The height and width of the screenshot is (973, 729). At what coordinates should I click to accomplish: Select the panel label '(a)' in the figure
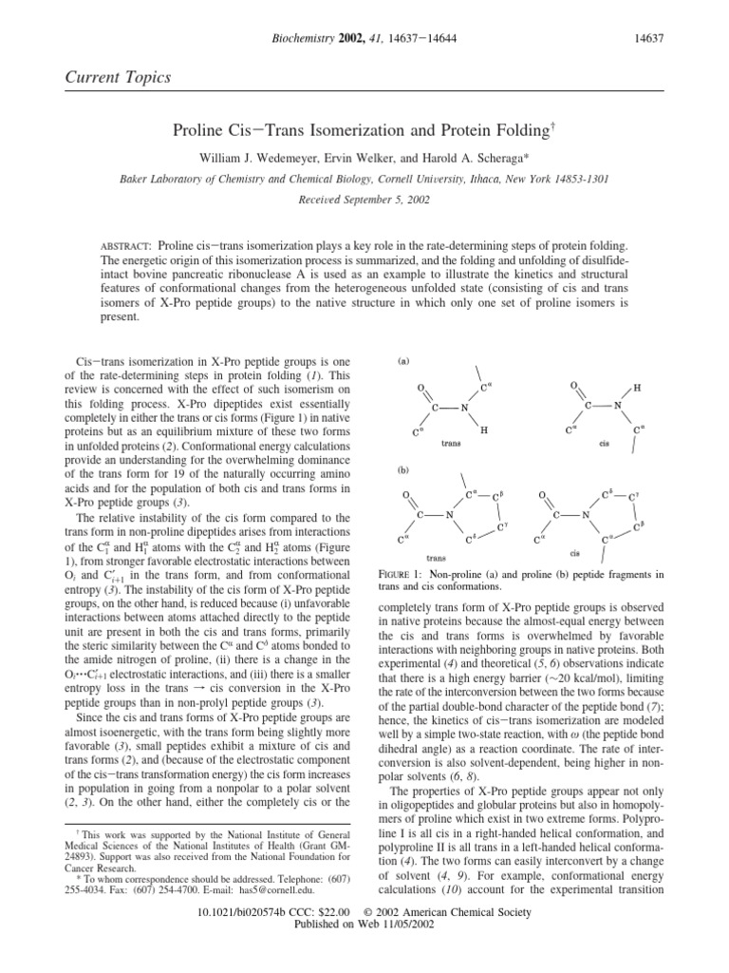(x=403, y=362)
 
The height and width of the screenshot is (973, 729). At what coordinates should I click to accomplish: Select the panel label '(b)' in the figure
(x=403, y=470)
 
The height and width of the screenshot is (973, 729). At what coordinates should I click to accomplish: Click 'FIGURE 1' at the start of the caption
(x=405, y=576)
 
